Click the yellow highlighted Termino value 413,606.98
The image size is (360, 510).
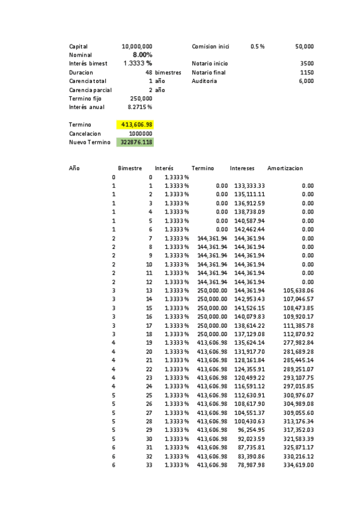[136, 124]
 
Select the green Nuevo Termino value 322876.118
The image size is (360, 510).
[136, 143]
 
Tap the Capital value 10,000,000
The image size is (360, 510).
[136, 46]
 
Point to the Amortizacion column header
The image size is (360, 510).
[285, 169]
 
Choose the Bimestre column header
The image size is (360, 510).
[130, 169]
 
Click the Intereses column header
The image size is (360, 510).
[245, 169]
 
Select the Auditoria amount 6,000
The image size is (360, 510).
[305, 81]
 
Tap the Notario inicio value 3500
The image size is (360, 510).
[307, 64]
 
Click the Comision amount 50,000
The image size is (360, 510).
[304, 46]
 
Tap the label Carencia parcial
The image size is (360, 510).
[90, 90]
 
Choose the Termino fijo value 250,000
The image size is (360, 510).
[141, 99]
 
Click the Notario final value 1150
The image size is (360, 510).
[307, 72]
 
